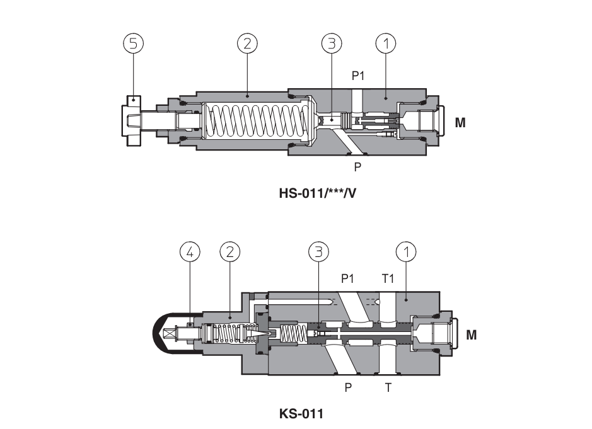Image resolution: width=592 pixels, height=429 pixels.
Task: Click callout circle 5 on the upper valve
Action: point(133,43)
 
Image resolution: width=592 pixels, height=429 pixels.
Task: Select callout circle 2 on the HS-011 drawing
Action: point(247,43)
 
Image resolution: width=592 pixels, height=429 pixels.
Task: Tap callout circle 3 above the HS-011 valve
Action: point(332,43)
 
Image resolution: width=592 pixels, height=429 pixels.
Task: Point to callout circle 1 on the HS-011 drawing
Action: point(385,43)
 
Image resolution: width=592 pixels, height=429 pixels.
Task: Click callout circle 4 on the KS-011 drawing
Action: point(190,251)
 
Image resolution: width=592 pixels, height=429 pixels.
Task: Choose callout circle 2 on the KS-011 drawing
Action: point(229,251)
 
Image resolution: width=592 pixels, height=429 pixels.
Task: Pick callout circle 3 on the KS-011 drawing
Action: point(318,251)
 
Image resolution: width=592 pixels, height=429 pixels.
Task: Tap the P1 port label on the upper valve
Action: point(358,76)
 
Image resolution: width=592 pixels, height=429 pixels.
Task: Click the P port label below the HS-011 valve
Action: point(357,167)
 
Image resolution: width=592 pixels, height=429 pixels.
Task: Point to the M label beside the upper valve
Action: point(460,123)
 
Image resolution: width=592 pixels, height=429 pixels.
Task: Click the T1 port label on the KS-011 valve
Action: point(388,278)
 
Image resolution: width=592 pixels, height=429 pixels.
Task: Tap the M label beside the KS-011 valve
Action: point(471,335)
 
